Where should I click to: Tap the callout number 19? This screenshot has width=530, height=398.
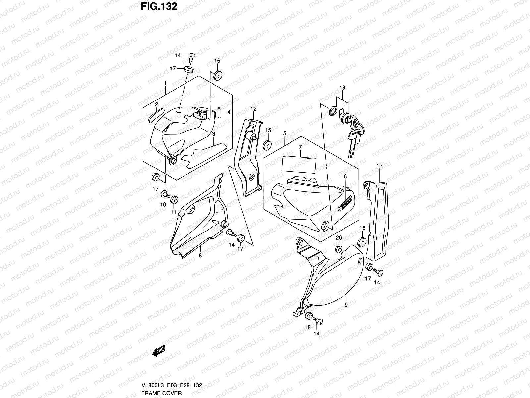pos(342,88)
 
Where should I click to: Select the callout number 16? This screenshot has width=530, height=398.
pos(217,61)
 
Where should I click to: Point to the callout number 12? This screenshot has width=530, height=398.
pos(253,109)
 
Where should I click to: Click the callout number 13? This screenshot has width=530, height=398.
pos(379,165)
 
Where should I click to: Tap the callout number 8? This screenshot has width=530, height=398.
pos(200,256)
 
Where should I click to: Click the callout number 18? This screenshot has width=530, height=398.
pos(307,327)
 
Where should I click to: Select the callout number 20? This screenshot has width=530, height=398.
pos(338,238)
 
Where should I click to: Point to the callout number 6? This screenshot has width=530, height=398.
pos(345,177)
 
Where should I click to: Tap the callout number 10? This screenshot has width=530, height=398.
pos(163,205)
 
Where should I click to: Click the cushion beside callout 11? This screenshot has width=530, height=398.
pos(174,200)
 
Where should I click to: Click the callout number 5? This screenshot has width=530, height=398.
pos(284,133)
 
